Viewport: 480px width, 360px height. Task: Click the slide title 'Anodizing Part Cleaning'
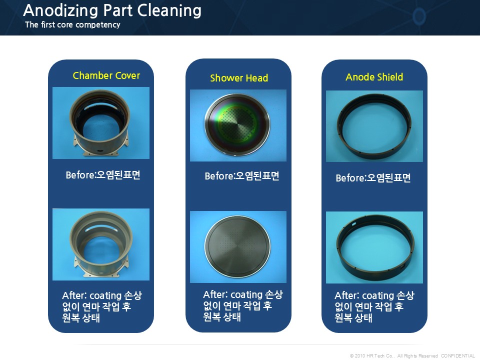coord(112,10)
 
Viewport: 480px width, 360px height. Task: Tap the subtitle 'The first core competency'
coord(72,25)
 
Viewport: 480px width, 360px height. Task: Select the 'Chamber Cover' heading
coord(106,75)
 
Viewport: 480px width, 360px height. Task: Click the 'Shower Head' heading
coord(239,78)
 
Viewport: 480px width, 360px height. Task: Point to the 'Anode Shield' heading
coord(374,77)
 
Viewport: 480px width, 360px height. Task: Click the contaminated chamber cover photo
coord(101,123)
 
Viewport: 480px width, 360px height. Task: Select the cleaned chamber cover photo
coord(101,244)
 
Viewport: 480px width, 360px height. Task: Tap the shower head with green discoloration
coord(238,125)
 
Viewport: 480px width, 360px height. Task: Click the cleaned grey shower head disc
coord(238,246)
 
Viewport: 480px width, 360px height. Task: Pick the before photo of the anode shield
coord(374,126)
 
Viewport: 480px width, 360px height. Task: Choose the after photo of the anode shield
coord(374,247)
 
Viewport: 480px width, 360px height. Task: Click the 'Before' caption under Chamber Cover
coord(103,175)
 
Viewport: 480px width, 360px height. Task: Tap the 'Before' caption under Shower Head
coord(242,176)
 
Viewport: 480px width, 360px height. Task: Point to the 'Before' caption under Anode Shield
coord(373,178)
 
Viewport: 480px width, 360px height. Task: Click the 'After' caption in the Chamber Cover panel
coord(102,306)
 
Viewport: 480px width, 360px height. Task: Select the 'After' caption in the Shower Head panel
coord(243,305)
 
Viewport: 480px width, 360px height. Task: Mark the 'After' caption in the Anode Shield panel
coord(374,306)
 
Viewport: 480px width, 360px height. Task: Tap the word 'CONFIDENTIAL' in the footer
coord(458,355)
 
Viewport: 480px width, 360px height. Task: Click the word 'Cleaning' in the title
coord(169,10)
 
